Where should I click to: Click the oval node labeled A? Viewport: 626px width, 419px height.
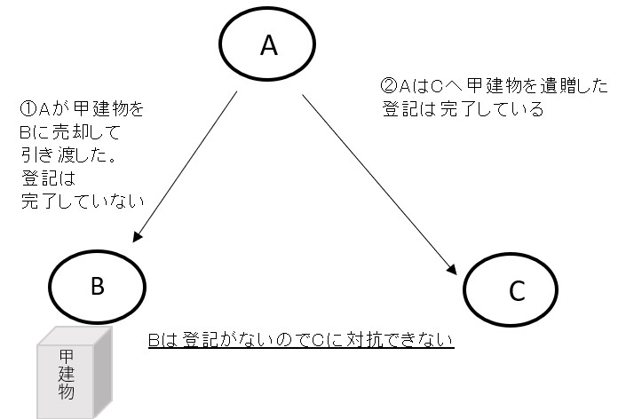(268, 47)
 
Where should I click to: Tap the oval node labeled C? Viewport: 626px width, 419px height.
(517, 289)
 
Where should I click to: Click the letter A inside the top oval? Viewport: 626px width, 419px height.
(268, 47)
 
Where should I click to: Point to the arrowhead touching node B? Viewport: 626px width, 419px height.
(137, 237)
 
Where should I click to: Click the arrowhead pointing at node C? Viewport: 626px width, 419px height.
(453, 269)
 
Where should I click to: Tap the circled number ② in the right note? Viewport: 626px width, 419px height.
(388, 87)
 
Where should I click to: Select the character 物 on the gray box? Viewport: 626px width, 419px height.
(67, 391)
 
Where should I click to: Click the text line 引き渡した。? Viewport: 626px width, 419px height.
(70, 155)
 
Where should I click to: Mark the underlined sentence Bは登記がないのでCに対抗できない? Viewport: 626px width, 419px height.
(301, 339)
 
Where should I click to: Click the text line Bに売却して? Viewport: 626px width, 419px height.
(67, 133)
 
